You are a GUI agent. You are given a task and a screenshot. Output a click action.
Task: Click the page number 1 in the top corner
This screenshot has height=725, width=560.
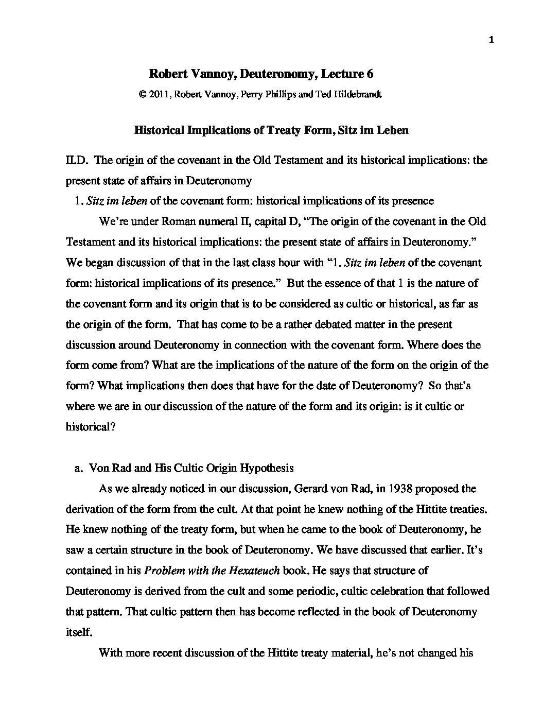coord(492,42)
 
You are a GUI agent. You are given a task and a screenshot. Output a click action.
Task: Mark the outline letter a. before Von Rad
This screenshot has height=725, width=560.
coord(79,468)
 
